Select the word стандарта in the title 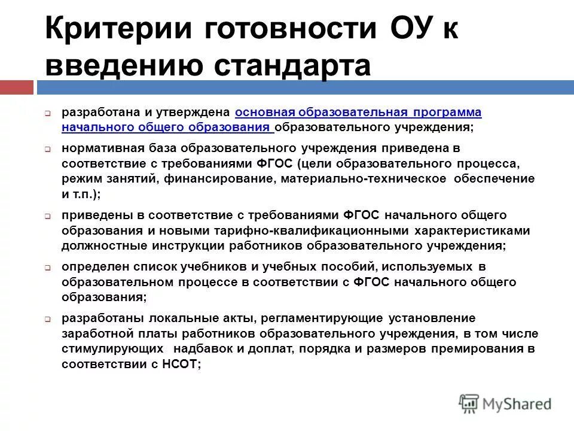(x=291, y=65)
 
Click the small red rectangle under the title (x=16, y=87)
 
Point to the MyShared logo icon (x=469, y=403)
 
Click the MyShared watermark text (x=517, y=404)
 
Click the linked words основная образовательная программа (x=358, y=112)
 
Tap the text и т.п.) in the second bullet (x=81, y=193)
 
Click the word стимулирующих (x=103, y=348)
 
